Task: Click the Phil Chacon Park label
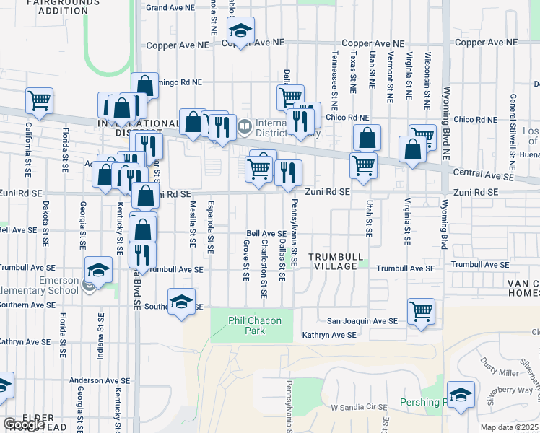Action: (x=245, y=325)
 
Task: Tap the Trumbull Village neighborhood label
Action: (x=333, y=261)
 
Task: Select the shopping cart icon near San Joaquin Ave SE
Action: (x=421, y=312)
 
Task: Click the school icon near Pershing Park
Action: (x=461, y=395)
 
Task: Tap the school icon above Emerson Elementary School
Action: (x=97, y=271)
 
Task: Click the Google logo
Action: (x=24, y=424)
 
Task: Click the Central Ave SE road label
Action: (x=483, y=175)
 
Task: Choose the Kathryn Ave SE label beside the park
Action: (x=329, y=335)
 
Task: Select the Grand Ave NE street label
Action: (x=170, y=7)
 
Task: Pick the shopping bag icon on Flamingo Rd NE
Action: (x=144, y=86)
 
